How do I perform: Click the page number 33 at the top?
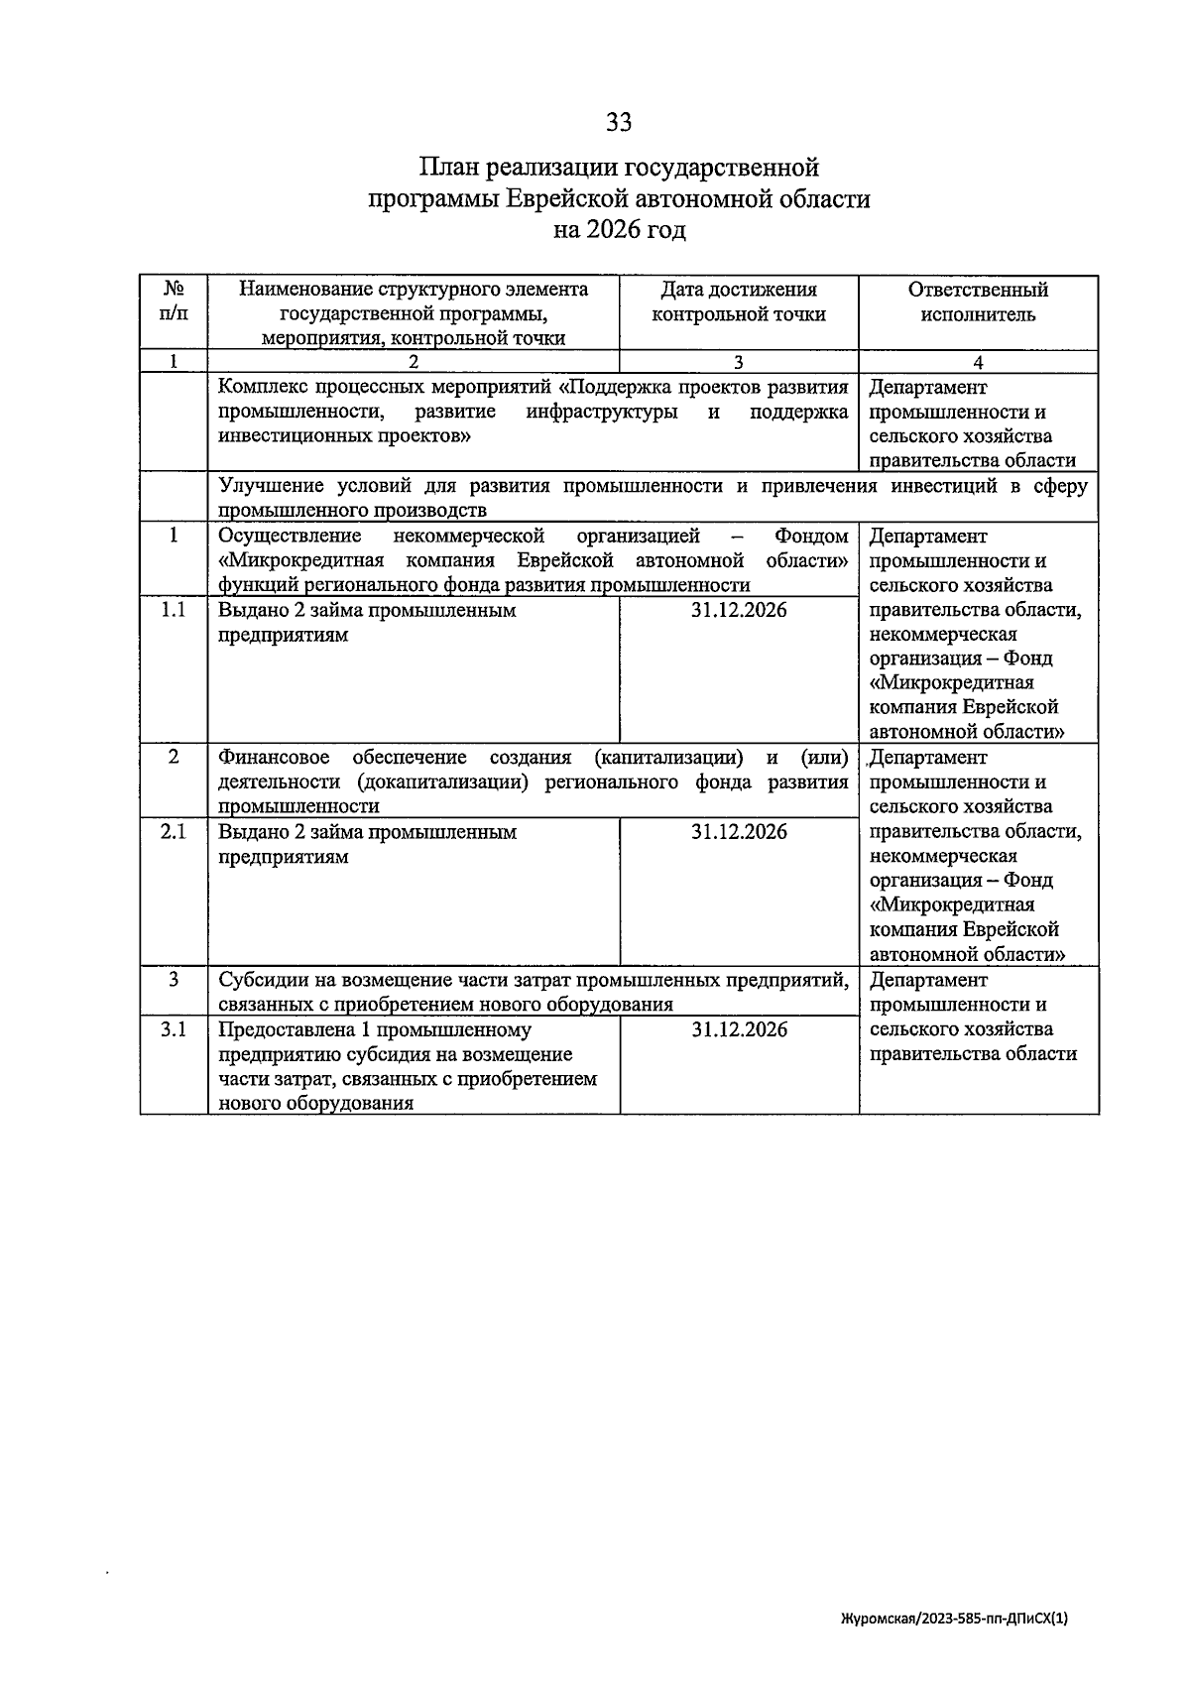pyautogui.click(x=619, y=122)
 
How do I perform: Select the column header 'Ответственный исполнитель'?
pyautogui.click(x=978, y=302)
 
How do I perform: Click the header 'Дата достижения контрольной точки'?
pyautogui.click(x=739, y=302)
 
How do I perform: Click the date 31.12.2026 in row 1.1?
pyautogui.click(x=739, y=611)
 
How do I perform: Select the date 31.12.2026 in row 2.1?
pyautogui.click(x=739, y=833)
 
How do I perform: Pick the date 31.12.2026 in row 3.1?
pyautogui.click(x=739, y=1030)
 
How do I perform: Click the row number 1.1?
pyautogui.click(x=174, y=611)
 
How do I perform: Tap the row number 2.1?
pyautogui.click(x=174, y=833)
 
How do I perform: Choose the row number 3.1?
pyautogui.click(x=174, y=1030)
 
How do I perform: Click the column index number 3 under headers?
pyautogui.click(x=739, y=363)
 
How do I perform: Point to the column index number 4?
pyautogui.click(x=978, y=363)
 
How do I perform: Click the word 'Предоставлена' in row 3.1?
pyautogui.click(x=283, y=1030)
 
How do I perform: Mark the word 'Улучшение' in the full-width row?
pyautogui.click(x=268, y=487)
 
